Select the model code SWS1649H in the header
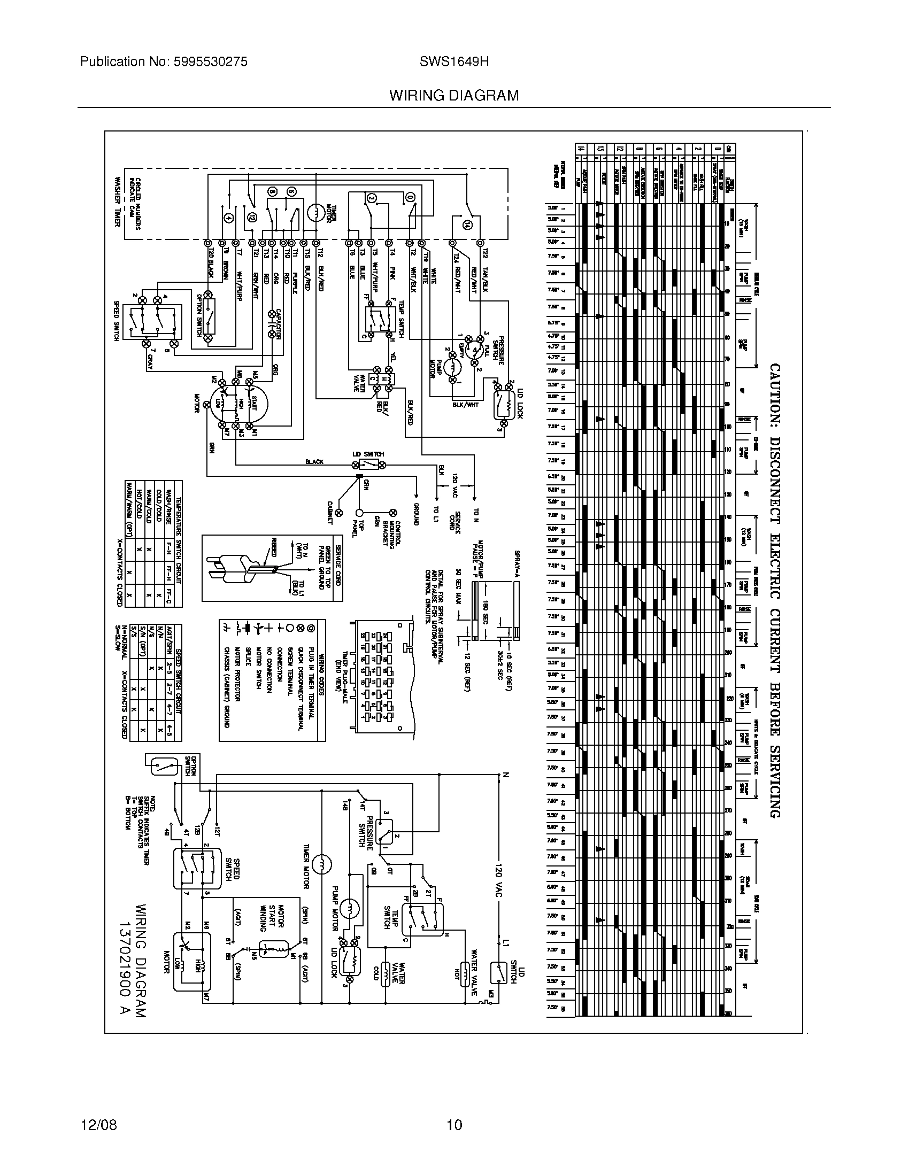coord(454,62)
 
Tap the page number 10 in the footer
coord(454,1125)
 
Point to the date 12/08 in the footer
coord(98,1125)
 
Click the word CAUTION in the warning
coord(774,395)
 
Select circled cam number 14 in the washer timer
coord(466,226)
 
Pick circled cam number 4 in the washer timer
coord(228,218)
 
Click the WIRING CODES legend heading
coord(321,668)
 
